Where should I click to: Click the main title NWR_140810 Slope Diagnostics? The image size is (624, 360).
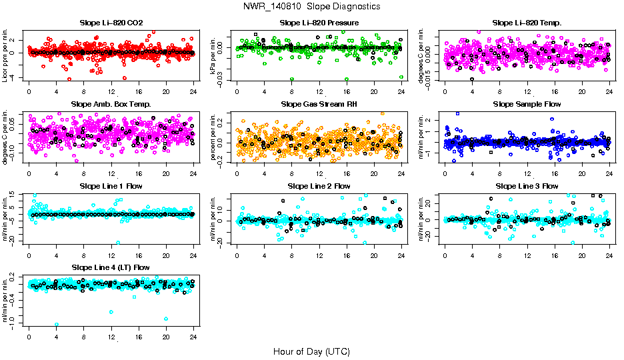(x=312, y=6)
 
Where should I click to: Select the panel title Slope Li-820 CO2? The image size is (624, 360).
(x=111, y=23)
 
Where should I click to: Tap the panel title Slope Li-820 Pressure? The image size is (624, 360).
(x=319, y=23)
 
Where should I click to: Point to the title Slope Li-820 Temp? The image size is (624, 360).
(x=527, y=23)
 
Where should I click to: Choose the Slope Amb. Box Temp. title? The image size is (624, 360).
(x=111, y=104)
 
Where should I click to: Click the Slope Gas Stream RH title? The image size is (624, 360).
(x=319, y=104)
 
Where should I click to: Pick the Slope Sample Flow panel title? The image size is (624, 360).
(x=527, y=104)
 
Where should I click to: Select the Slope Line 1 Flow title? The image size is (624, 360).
(x=111, y=186)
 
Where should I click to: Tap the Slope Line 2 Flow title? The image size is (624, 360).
(x=319, y=186)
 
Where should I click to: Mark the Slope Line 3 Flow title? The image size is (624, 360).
(x=527, y=186)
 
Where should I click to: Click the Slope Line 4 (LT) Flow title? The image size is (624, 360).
(x=111, y=267)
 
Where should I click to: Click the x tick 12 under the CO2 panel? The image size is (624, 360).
(x=111, y=91)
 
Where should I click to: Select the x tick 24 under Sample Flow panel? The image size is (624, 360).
(x=609, y=173)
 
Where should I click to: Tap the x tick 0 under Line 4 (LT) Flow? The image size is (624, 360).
(x=29, y=337)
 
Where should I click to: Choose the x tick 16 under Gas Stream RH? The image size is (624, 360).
(x=347, y=173)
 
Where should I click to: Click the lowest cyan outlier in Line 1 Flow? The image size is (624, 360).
(x=118, y=242)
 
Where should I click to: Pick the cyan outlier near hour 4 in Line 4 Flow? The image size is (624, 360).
(x=57, y=325)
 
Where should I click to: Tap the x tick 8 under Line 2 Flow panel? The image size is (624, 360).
(x=292, y=255)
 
